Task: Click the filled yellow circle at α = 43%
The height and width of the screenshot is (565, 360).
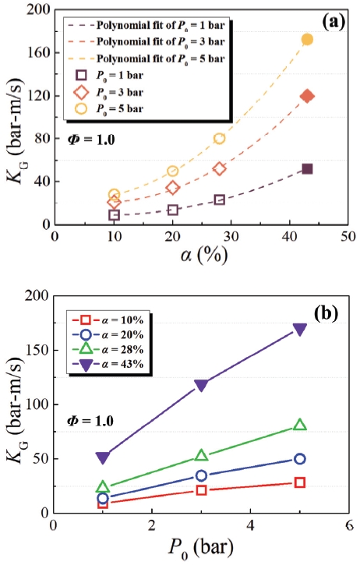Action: pyautogui.click(x=307, y=40)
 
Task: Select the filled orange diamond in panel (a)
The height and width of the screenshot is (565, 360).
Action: pyautogui.click(x=307, y=97)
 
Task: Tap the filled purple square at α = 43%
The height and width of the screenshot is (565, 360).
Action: pyautogui.click(x=307, y=168)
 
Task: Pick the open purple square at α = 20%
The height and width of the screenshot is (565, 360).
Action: pyautogui.click(x=172, y=210)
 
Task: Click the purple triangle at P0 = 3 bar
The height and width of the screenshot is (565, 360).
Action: pyautogui.click(x=202, y=385)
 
